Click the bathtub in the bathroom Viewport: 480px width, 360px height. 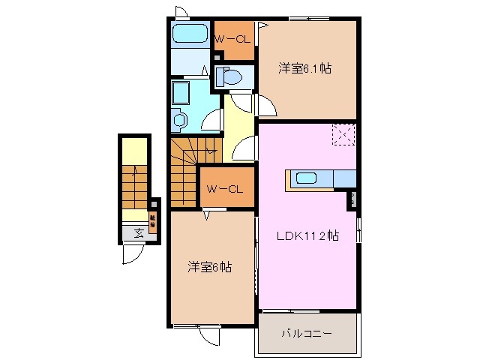click(x=190, y=34)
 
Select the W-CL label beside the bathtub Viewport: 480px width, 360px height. click(x=232, y=39)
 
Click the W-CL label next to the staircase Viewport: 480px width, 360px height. click(x=225, y=189)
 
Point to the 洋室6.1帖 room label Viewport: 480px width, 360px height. click(x=305, y=68)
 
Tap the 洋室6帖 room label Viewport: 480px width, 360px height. click(x=208, y=267)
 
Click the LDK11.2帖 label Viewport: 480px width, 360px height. click(x=307, y=236)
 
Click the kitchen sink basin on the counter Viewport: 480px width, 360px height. click(x=308, y=178)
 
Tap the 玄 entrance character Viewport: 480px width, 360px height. click(x=139, y=232)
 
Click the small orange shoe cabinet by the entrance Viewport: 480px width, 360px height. click(x=152, y=222)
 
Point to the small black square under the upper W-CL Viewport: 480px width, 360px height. click(x=217, y=55)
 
